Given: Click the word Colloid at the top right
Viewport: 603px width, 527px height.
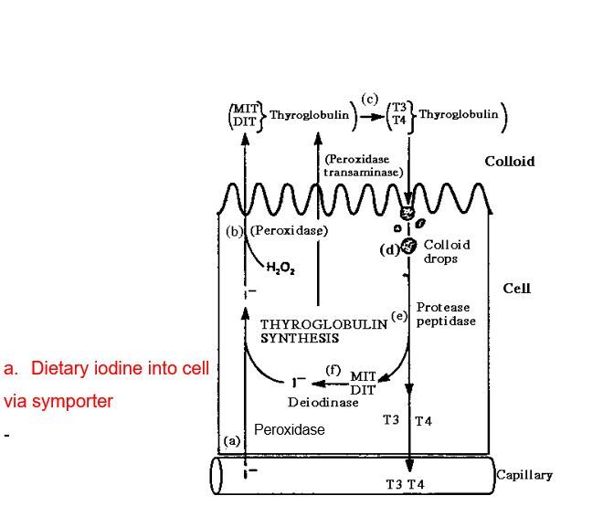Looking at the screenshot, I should click(x=510, y=162).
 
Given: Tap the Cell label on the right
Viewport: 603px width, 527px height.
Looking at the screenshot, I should click(x=516, y=289).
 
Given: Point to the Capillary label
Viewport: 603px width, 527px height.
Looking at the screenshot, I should click(x=524, y=475).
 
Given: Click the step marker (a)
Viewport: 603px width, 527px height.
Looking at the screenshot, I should click(x=232, y=440).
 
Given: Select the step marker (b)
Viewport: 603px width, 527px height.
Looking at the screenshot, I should click(x=235, y=231).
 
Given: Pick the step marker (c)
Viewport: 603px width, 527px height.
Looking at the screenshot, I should click(x=370, y=98).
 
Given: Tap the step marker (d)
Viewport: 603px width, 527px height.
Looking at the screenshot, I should click(x=388, y=248).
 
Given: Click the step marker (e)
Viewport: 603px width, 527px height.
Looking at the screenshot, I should click(x=398, y=316).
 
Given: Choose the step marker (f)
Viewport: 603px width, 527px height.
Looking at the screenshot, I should click(x=333, y=369).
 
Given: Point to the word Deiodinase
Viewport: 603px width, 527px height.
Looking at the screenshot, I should click(x=323, y=403).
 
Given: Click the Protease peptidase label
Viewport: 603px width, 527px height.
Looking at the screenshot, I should click(x=446, y=314).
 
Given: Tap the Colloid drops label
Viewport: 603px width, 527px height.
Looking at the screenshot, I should click(x=447, y=251).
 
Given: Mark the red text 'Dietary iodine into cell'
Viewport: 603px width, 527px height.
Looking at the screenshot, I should click(x=107, y=368).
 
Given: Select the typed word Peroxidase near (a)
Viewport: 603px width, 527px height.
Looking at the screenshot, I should click(x=289, y=429).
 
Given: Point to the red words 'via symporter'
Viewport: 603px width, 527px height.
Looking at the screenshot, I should click(x=58, y=401).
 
